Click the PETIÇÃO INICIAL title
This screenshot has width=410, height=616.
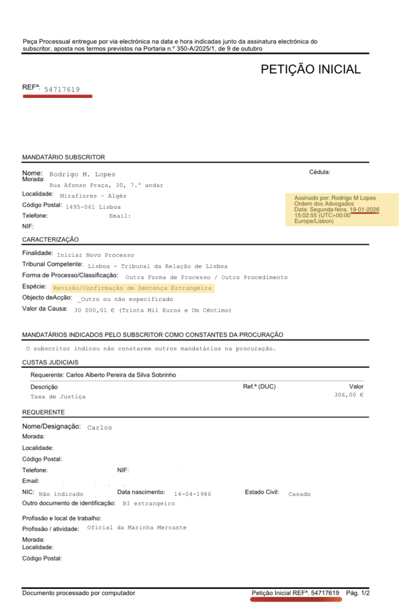point(310,69)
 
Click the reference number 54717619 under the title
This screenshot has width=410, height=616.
point(62,90)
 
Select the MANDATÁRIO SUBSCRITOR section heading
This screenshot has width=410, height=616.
point(64,157)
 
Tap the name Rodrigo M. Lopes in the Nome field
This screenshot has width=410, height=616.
point(82,174)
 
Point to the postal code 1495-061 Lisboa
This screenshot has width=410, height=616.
point(93,206)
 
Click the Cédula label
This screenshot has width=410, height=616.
point(319,172)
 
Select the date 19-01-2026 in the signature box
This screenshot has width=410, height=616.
point(364,209)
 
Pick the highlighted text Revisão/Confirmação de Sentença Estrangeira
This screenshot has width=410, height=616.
point(132,288)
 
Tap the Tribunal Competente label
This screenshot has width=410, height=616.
point(52,264)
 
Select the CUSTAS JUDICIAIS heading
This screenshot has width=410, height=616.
point(50,362)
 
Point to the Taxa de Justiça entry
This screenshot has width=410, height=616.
point(58,397)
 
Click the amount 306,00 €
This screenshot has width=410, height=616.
point(349,395)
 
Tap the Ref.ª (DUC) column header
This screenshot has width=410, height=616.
point(259,386)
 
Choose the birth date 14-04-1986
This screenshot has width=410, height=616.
point(188,494)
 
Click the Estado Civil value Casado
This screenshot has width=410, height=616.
point(299,494)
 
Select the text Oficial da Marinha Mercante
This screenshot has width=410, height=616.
point(136,528)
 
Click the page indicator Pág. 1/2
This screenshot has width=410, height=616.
point(358,593)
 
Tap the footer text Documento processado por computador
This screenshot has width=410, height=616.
point(79,593)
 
